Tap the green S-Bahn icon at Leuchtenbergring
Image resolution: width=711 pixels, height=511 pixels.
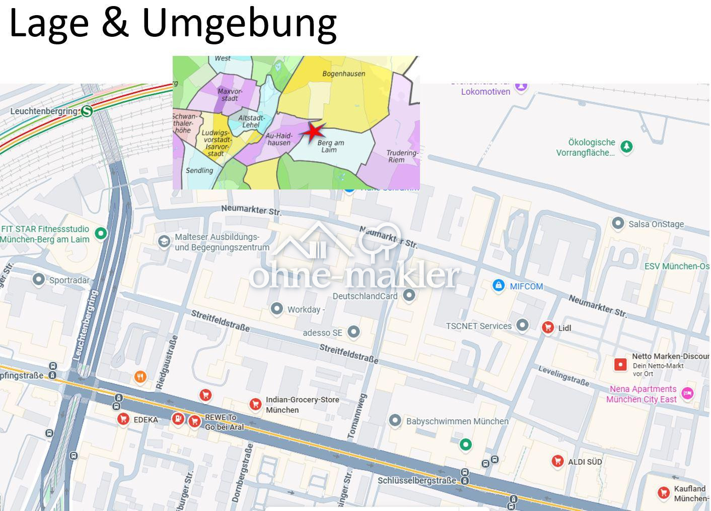click(87, 111)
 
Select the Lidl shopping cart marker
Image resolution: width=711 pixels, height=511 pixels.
click(548, 328)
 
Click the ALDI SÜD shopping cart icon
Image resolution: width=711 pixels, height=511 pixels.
click(557, 461)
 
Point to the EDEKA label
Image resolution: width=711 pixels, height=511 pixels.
click(146, 420)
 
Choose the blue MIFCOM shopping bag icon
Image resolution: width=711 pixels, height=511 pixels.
click(498, 286)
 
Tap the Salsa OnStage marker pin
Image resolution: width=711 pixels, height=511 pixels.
click(618, 223)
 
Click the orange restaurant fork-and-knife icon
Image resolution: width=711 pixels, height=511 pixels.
click(140, 376)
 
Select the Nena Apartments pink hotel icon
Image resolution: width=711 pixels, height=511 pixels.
click(687, 394)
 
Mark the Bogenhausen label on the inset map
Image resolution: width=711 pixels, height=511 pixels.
click(343, 74)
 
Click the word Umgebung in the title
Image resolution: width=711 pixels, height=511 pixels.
click(239, 23)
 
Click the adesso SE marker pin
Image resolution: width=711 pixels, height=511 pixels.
click(353, 332)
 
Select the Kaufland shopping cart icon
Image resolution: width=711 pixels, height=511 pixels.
click(664, 493)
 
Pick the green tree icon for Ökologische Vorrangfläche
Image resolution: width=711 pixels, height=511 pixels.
click(626, 147)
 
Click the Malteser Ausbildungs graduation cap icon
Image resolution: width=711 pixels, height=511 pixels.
click(164, 241)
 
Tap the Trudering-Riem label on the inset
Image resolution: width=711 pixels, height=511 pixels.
click(402, 156)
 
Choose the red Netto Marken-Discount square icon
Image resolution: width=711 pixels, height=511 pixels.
click(620, 364)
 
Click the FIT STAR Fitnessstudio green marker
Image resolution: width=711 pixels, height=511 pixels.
click(101, 233)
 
